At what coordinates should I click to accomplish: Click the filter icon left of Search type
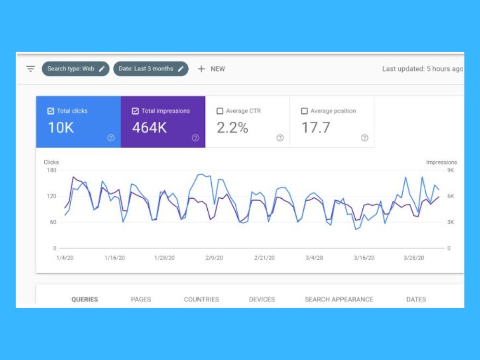click(x=30, y=69)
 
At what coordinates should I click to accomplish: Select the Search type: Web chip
click(x=76, y=69)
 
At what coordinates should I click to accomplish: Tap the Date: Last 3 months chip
click(x=151, y=69)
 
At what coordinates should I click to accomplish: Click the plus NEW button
click(x=211, y=69)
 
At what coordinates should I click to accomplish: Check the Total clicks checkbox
click(x=51, y=111)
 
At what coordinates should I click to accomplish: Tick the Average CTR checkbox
click(x=220, y=111)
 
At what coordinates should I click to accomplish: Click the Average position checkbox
click(x=304, y=111)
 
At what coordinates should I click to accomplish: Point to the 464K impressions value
click(x=149, y=128)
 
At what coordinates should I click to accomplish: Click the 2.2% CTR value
click(x=232, y=128)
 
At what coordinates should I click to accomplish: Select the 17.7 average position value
click(x=316, y=128)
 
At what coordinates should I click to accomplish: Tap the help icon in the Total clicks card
click(x=111, y=138)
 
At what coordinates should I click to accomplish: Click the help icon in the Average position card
click(x=364, y=138)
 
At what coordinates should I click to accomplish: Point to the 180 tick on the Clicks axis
click(x=52, y=170)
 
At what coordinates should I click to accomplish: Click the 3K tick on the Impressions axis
click(x=451, y=222)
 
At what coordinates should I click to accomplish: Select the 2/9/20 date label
click(x=214, y=258)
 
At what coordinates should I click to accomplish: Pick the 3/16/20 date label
click(x=364, y=258)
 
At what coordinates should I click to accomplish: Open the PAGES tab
click(x=141, y=300)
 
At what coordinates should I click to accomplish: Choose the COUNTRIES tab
click(x=202, y=300)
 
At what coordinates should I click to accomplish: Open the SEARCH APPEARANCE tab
click(x=339, y=300)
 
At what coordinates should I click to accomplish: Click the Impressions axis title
click(x=442, y=162)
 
